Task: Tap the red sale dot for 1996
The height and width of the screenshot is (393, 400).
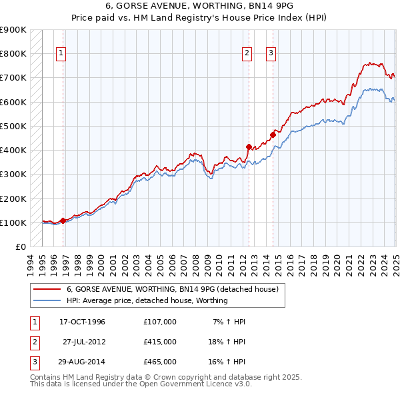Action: point(63,220)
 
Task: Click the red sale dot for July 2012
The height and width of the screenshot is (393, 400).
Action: point(249,147)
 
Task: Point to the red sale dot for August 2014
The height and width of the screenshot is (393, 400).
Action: point(273,135)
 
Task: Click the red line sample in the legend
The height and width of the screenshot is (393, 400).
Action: point(47,289)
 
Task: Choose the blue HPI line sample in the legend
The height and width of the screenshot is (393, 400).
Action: point(47,300)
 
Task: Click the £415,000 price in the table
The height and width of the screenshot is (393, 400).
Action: point(159,342)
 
